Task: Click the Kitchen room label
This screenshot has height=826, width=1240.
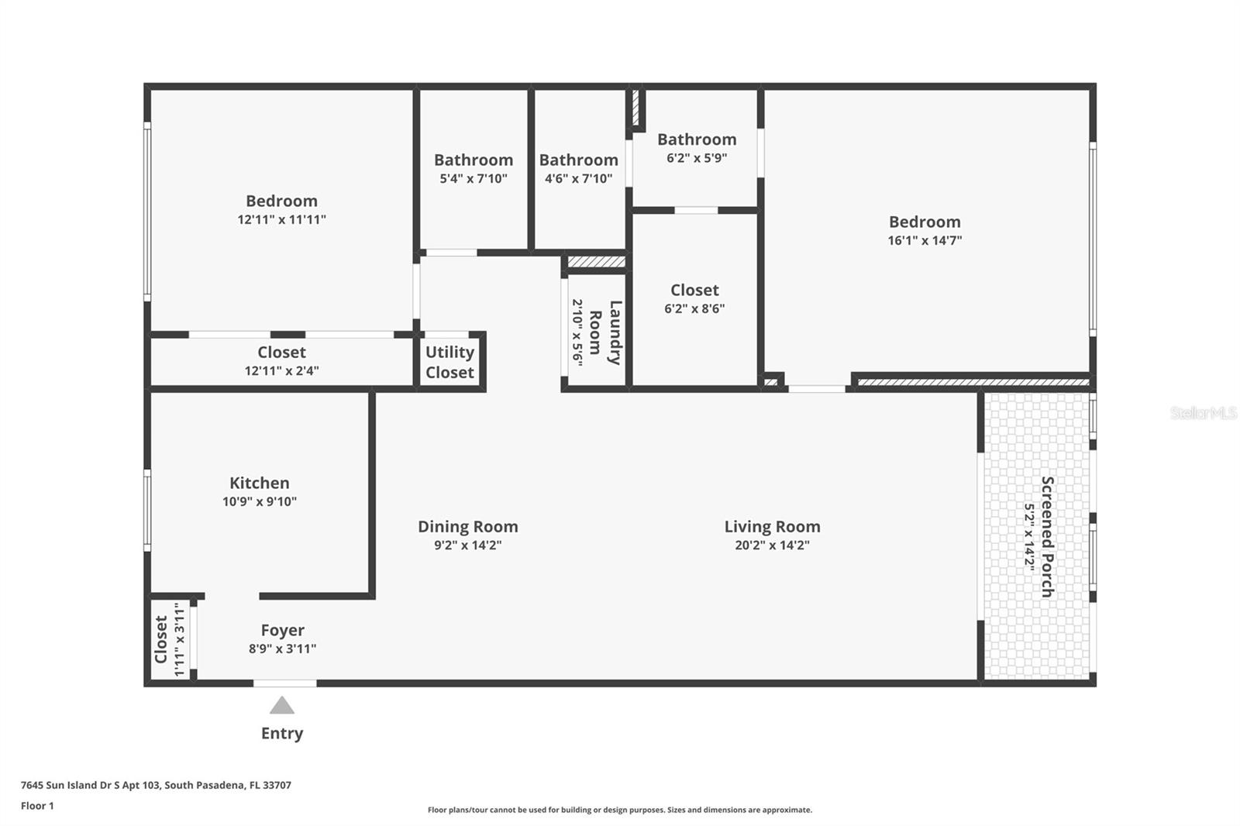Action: click(x=259, y=483)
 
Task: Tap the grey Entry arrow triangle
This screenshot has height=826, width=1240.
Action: click(x=282, y=706)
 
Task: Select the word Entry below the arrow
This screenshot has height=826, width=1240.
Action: click(x=282, y=733)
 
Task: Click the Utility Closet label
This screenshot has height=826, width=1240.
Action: click(x=449, y=362)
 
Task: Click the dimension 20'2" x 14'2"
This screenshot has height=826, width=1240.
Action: click(x=772, y=545)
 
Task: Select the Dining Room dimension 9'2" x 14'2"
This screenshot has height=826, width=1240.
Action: click(x=467, y=545)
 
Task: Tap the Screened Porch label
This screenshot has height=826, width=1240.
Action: click(x=1047, y=536)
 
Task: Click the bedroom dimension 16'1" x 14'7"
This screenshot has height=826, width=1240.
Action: click(x=925, y=240)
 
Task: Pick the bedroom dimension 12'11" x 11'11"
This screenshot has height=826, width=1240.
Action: click(x=281, y=219)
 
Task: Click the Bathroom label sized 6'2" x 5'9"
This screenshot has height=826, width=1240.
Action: click(x=697, y=139)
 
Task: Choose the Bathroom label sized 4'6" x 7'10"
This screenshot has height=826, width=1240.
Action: click(x=578, y=160)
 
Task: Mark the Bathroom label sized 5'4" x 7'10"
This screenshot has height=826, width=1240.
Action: click(x=473, y=160)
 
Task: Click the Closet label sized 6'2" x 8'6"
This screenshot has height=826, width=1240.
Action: click(x=694, y=290)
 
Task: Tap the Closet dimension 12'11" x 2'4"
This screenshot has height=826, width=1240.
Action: click(x=281, y=370)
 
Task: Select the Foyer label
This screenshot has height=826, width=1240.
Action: click(x=282, y=630)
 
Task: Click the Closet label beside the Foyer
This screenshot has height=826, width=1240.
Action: click(x=161, y=639)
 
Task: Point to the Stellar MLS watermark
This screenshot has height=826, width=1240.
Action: click(x=1203, y=413)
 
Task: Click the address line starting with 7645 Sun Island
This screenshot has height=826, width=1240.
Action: click(x=156, y=785)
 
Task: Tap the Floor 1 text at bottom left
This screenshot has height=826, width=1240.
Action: click(x=37, y=806)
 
